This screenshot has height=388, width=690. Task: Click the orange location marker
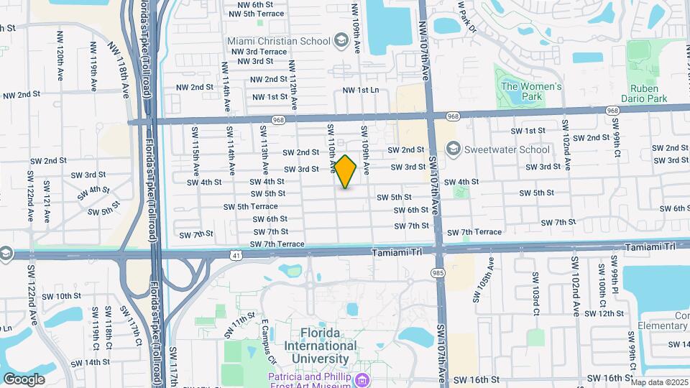pyautogui.click(x=346, y=172)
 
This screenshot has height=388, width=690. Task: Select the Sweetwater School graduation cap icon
pyautogui.click(x=453, y=149)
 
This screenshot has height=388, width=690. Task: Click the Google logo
pyautogui.click(x=24, y=379)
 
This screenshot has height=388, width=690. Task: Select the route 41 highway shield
pyautogui.click(x=236, y=254)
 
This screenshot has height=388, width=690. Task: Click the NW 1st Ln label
pyautogui.click(x=360, y=90)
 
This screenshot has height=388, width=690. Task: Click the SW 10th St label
pyautogui.click(x=61, y=296)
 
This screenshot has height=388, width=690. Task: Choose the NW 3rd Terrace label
pyautogui.click(x=259, y=52)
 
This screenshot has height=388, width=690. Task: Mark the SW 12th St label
pyautogui.click(x=604, y=313)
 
